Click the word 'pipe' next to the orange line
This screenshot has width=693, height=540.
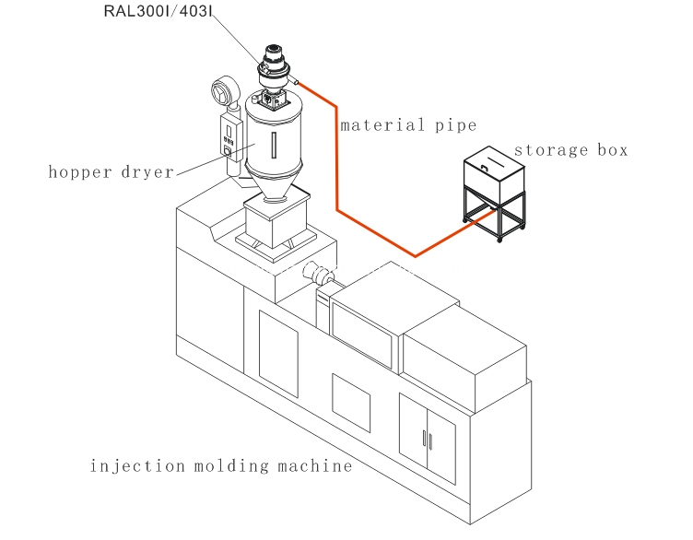coord(454,126)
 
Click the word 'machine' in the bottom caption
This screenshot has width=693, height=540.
coord(315,465)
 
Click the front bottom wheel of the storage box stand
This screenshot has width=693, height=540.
coord(500,239)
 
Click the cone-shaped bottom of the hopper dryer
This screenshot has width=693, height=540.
coord(275,189)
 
